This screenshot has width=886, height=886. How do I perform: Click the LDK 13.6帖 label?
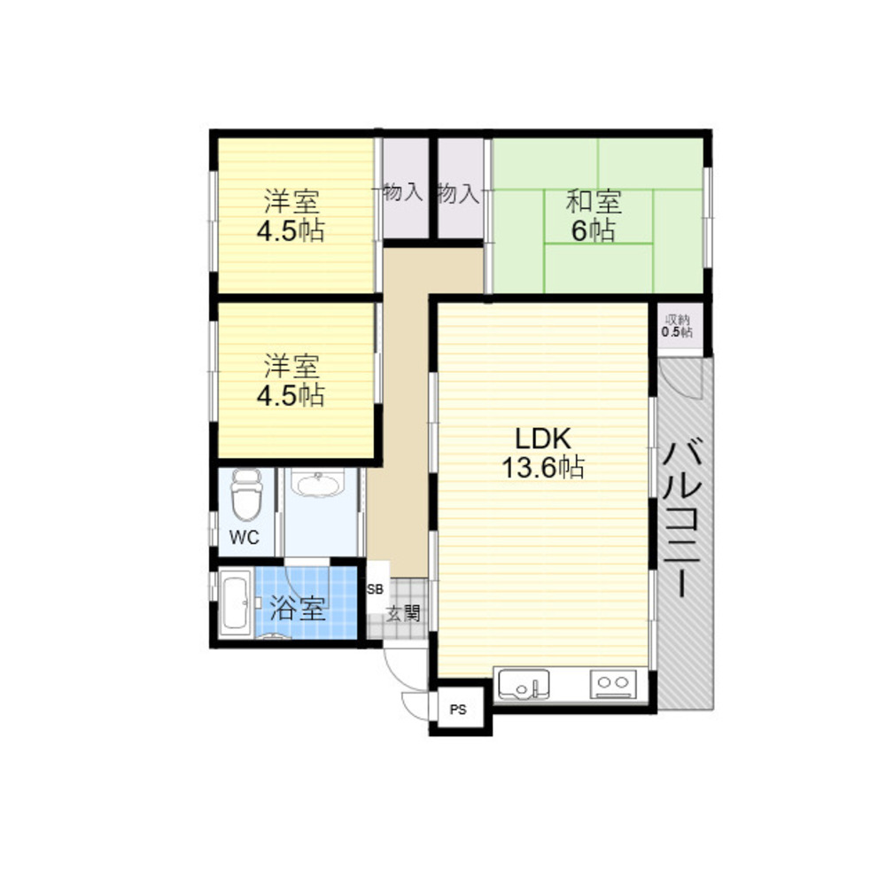pyautogui.click(x=543, y=453)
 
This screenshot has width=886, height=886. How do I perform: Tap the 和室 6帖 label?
pyautogui.click(x=594, y=216)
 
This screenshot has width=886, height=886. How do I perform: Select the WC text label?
pyautogui.click(x=245, y=538)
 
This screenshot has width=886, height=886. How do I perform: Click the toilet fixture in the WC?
pyautogui.click(x=246, y=494)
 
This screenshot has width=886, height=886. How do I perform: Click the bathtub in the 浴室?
pyautogui.click(x=235, y=602)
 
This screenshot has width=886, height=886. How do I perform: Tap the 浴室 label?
pyautogui.click(x=298, y=608)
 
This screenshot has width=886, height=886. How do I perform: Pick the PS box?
pyautogui.click(x=458, y=709)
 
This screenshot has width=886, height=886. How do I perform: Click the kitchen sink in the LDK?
pyautogui.click(x=524, y=685)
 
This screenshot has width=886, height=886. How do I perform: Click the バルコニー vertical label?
pyautogui.click(x=682, y=518)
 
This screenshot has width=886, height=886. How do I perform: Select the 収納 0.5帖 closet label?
pyautogui.click(x=677, y=325)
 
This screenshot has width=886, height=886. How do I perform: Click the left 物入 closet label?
pyautogui.click(x=402, y=192)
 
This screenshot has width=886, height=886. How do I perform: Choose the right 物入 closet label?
pyautogui.click(x=458, y=193)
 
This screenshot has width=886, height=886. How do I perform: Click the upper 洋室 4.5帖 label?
pyautogui.click(x=291, y=216)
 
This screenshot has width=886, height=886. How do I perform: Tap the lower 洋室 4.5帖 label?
pyautogui.click(x=291, y=380)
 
